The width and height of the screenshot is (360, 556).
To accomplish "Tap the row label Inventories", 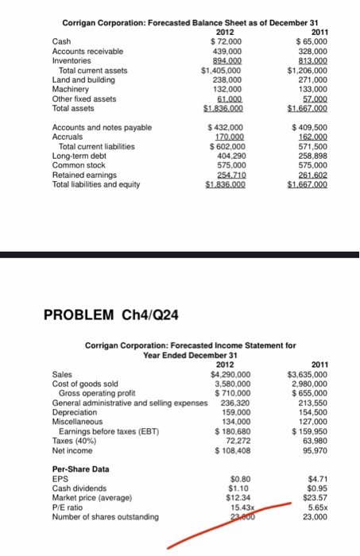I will [70, 59].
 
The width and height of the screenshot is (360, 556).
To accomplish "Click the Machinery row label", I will [68, 89].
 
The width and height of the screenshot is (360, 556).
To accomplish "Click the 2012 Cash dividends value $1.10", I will [239, 488].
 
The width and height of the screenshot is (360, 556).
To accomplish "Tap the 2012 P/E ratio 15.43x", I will [239, 508].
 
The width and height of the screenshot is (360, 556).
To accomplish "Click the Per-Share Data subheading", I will [80, 469].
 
